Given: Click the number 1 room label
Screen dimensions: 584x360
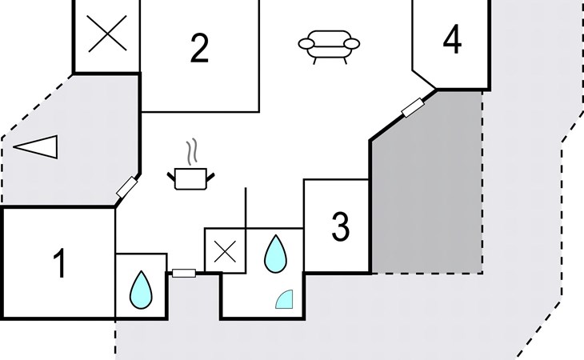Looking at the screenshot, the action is coord(59,263).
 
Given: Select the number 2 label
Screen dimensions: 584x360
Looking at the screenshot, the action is coord(199,48).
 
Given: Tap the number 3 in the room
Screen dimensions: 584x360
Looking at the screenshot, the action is coord(341,226).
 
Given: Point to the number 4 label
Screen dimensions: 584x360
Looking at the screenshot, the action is coord(452,38).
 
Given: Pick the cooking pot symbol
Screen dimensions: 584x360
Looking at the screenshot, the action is coord(190,178).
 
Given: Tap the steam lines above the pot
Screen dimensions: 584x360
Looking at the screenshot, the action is coord(191,151).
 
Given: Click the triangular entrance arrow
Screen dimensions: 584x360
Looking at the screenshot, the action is coord(36,146).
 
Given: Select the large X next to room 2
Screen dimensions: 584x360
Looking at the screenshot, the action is coord(107,34).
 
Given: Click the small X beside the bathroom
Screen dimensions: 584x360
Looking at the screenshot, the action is coord(226,251).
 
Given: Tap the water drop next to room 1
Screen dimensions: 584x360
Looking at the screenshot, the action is coord(141,290).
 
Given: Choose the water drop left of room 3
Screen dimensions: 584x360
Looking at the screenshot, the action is coord(276,254).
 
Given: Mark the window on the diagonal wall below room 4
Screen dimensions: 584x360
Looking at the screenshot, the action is coord(413,107).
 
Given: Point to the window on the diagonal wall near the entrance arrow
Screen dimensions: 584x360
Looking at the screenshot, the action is coord(127,187).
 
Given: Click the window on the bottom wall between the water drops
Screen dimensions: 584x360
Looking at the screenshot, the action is coord(184,274).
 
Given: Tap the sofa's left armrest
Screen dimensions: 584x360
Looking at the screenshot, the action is coord(306,44).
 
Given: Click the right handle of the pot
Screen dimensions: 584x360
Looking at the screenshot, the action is coord(210,177).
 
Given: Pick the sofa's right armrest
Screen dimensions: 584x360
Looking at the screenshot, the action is coord(351,44).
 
